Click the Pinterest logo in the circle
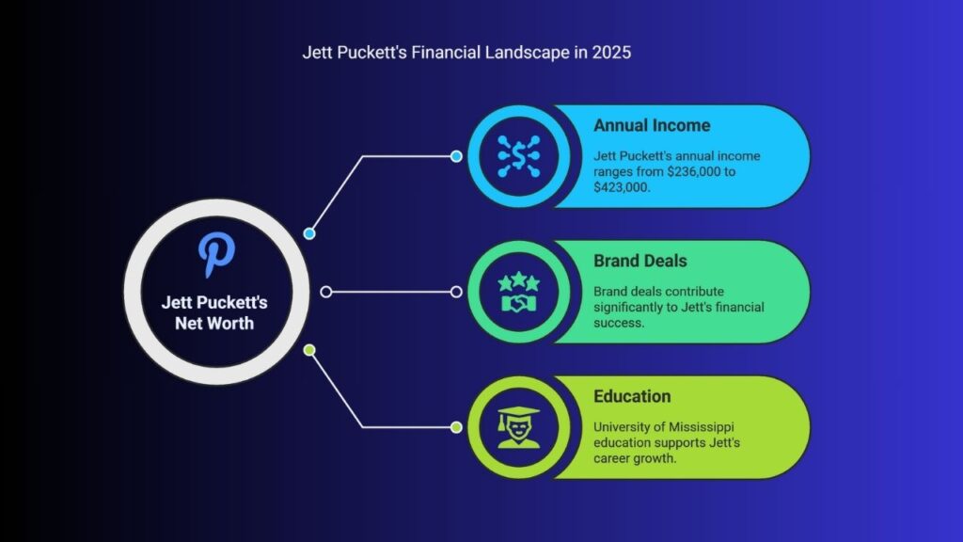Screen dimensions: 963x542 [216, 254]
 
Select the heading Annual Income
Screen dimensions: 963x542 [652, 125]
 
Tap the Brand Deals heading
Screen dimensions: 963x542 [639, 262]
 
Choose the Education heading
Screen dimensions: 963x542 [632, 396]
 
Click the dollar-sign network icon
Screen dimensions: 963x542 [519, 156]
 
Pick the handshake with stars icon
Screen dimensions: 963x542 [519, 292]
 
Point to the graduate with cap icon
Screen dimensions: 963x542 [519, 427]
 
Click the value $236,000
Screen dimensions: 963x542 [693, 172]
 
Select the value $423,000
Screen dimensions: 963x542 [621, 187]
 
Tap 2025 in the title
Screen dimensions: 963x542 [611, 53]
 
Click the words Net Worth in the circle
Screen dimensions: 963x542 [214, 324]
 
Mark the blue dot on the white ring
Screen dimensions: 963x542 [309, 233]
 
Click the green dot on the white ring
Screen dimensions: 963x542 [309, 350]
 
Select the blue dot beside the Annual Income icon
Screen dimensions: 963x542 [456, 157]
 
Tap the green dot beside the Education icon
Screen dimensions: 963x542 [456, 427]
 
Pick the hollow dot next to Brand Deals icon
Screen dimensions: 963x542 [456, 292]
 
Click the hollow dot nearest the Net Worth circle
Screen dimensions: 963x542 [326, 292]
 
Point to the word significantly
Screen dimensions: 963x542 [627, 308]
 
